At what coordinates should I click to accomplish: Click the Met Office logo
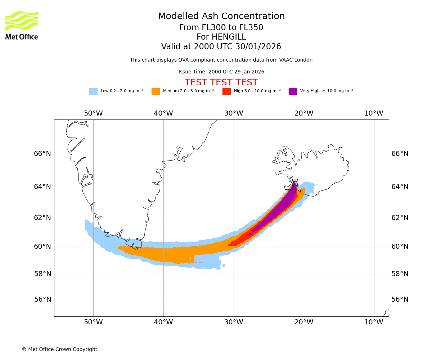click(x=22, y=26)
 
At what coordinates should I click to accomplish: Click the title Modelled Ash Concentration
click(x=221, y=17)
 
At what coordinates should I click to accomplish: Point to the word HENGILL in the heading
click(x=221, y=37)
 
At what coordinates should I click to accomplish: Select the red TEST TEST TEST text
click(x=221, y=83)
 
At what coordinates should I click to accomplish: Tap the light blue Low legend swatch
click(x=93, y=91)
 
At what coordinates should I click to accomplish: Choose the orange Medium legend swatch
click(x=156, y=91)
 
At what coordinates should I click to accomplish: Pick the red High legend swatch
click(x=226, y=91)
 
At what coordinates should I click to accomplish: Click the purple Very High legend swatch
click(x=293, y=91)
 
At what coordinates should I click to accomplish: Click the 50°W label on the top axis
click(x=93, y=113)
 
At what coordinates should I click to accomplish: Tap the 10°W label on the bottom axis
click(x=374, y=322)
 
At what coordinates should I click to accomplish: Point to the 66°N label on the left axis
click(x=42, y=154)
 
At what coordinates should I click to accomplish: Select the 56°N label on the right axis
click(x=400, y=300)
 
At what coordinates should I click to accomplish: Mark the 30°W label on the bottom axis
click(x=234, y=322)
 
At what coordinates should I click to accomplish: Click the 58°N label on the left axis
click(x=42, y=274)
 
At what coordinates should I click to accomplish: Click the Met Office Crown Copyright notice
click(x=59, y=350)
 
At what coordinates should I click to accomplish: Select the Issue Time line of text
click(x=221, y=72)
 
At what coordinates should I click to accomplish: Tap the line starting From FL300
click(x=221, y=28)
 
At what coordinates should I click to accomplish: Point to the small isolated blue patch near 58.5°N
click(x=224, y=266)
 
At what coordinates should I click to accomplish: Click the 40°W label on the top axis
click(x=163, y=113)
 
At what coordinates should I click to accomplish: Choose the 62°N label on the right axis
click(x=400, y=218)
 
